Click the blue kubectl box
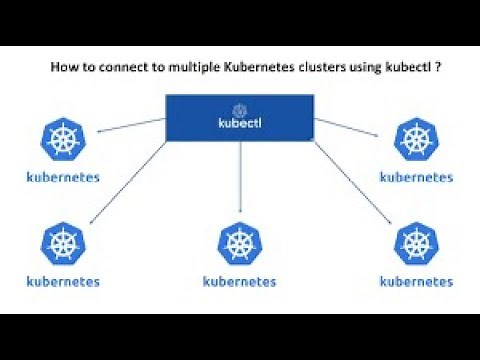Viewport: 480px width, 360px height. click(239, 118)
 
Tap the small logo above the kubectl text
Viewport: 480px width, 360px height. click(239, 109)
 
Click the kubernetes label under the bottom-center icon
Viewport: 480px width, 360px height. click(239, 281)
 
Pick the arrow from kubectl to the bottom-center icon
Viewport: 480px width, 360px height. click(239, 180)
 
